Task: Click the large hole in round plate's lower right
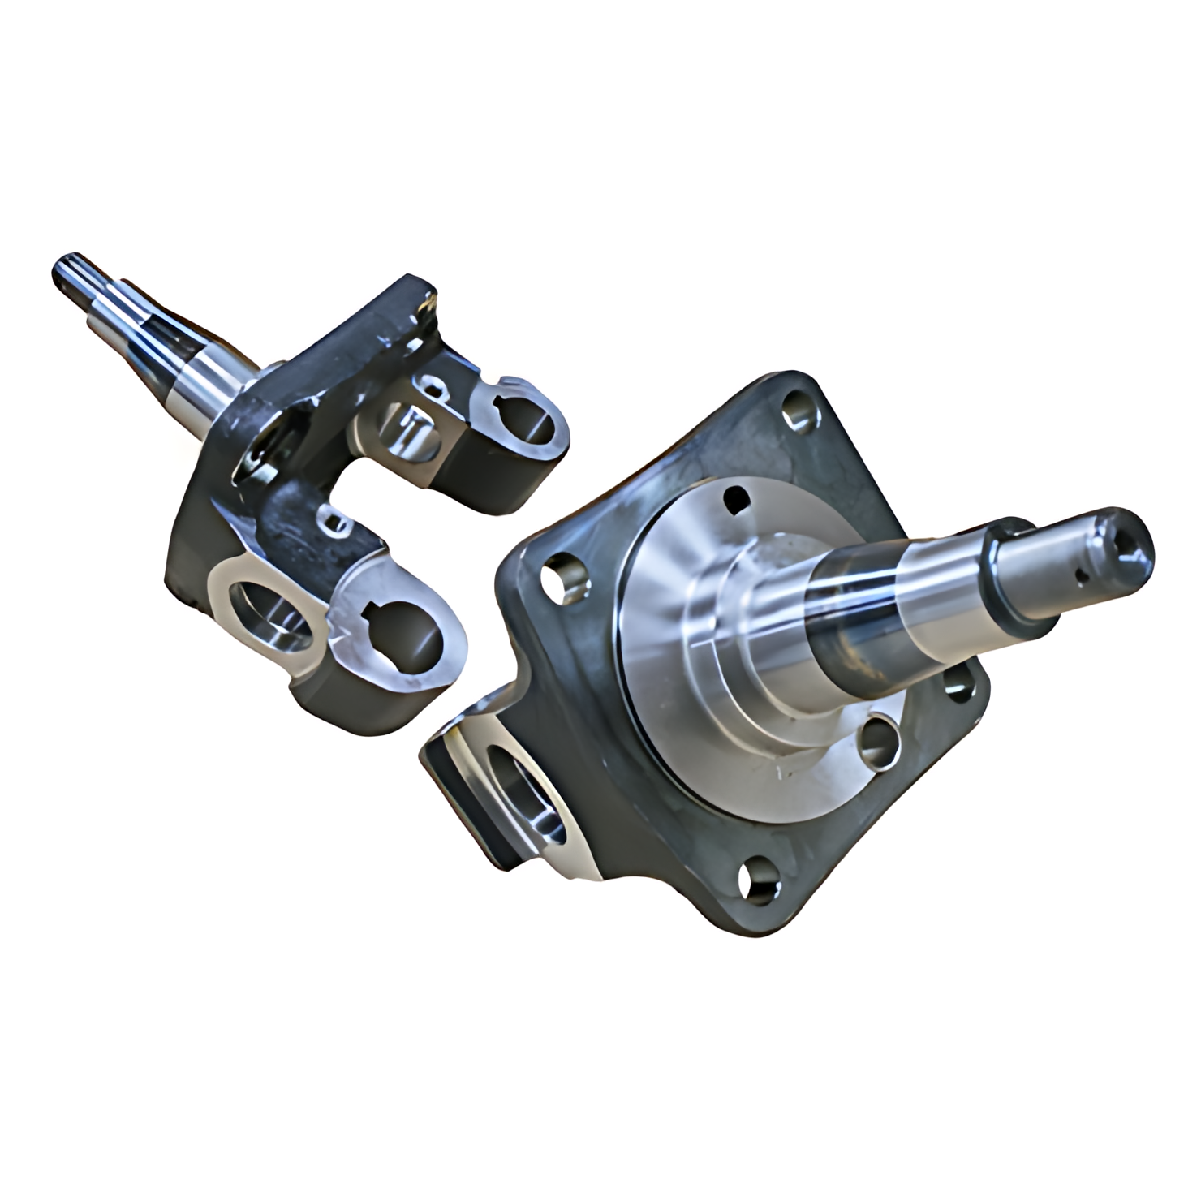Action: [876, 741]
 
